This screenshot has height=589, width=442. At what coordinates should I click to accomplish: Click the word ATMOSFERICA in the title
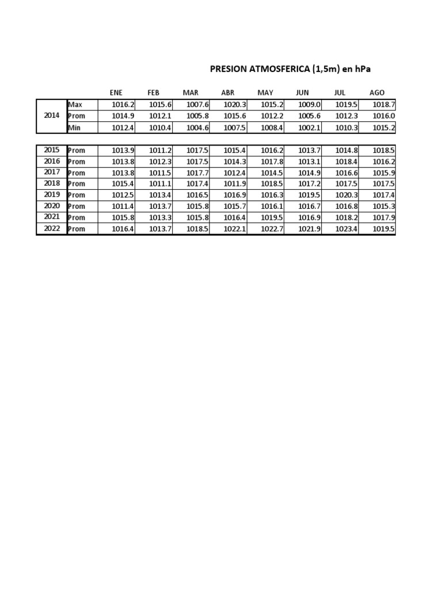coord(279,70)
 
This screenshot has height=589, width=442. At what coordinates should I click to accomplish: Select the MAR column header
coord(190,93)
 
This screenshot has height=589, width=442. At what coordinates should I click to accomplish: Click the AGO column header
coord(377,93)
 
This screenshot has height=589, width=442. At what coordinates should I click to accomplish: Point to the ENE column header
coord(116,93)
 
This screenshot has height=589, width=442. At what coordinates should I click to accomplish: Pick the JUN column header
coord(302,93)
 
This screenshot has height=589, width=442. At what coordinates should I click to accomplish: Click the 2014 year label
coord(52,116)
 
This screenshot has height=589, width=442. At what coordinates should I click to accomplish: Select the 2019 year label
coord(52,195)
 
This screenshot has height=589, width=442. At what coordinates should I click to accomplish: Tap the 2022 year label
coord(52,228)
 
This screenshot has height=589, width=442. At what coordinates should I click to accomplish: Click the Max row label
coord(75,105)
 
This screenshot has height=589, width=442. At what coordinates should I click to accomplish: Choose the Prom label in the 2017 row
coord(77,173)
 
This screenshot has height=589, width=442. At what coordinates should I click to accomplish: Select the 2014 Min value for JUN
coord(309,128)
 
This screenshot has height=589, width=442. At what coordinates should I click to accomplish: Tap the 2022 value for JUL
coord(346,229)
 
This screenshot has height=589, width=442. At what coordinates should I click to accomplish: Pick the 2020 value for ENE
coord(123,206)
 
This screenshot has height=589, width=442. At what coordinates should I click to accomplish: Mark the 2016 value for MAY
coord(272,162)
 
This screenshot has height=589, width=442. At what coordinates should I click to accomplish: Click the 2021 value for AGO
coord(384,217)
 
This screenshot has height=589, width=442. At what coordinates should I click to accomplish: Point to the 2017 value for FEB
coord(161,173)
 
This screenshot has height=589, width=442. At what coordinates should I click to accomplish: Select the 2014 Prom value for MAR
coord(197,116)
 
